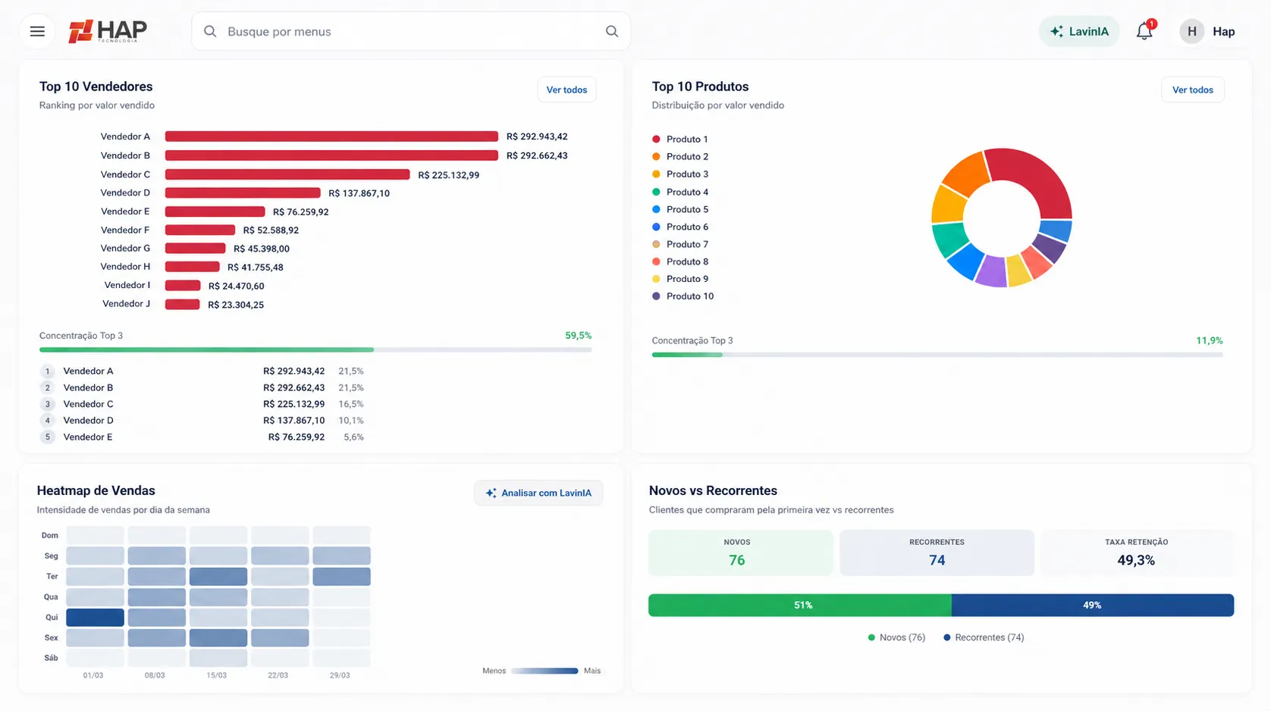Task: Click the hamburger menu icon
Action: tap(37, 31)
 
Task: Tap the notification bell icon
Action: tap(1144, 31)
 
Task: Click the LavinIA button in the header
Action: tap(1078, 31)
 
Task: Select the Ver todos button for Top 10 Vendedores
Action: tap(566, 89)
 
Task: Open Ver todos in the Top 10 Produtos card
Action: tap(1193, 89)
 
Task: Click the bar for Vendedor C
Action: tap(287, 174)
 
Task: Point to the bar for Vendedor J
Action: tap(182, 305)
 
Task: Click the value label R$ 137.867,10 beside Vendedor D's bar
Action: tap(359, 193)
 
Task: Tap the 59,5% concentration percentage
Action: tap(578, 336)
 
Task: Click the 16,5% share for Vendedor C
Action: tap(350, 404)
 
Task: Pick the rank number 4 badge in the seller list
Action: tap(48, 421)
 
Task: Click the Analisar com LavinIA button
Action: tap(538, 493)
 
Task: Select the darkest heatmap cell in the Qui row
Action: tap(95, 618)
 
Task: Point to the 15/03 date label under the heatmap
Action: tap(216, 675)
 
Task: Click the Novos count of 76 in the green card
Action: tap(736, 560)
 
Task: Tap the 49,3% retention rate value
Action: tap(1136, 560)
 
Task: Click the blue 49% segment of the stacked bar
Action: tap(1092, 605)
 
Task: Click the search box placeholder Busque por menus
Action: tap(279, 32)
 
